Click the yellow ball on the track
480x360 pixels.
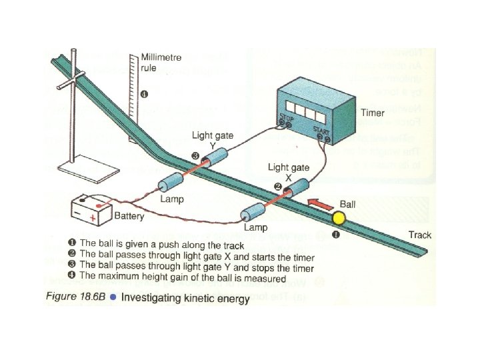pyautogui.click(x=339, y=218)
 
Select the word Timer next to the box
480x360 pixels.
pyautogui.click(x=373, y=113)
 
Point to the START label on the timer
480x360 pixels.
pyautogui.click(x=322, y=131)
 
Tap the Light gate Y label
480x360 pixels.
pyautogui.click(x=213, y=140)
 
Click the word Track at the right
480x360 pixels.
pyautogui.click(x=420, y=235)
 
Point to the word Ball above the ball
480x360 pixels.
pyautogui.click(x=348, y=203)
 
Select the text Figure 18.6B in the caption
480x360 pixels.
pyautogui.click(x=75, y=298)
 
